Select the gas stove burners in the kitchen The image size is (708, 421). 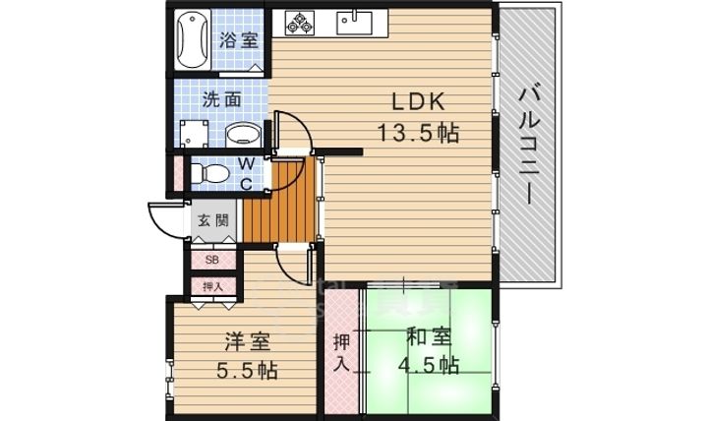pos(301,22)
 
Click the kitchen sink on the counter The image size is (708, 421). pos(351,21)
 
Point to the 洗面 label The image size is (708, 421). pos(222,99)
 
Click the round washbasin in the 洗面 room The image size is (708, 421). pos(240,135)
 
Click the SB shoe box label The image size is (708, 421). pos(211,260)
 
